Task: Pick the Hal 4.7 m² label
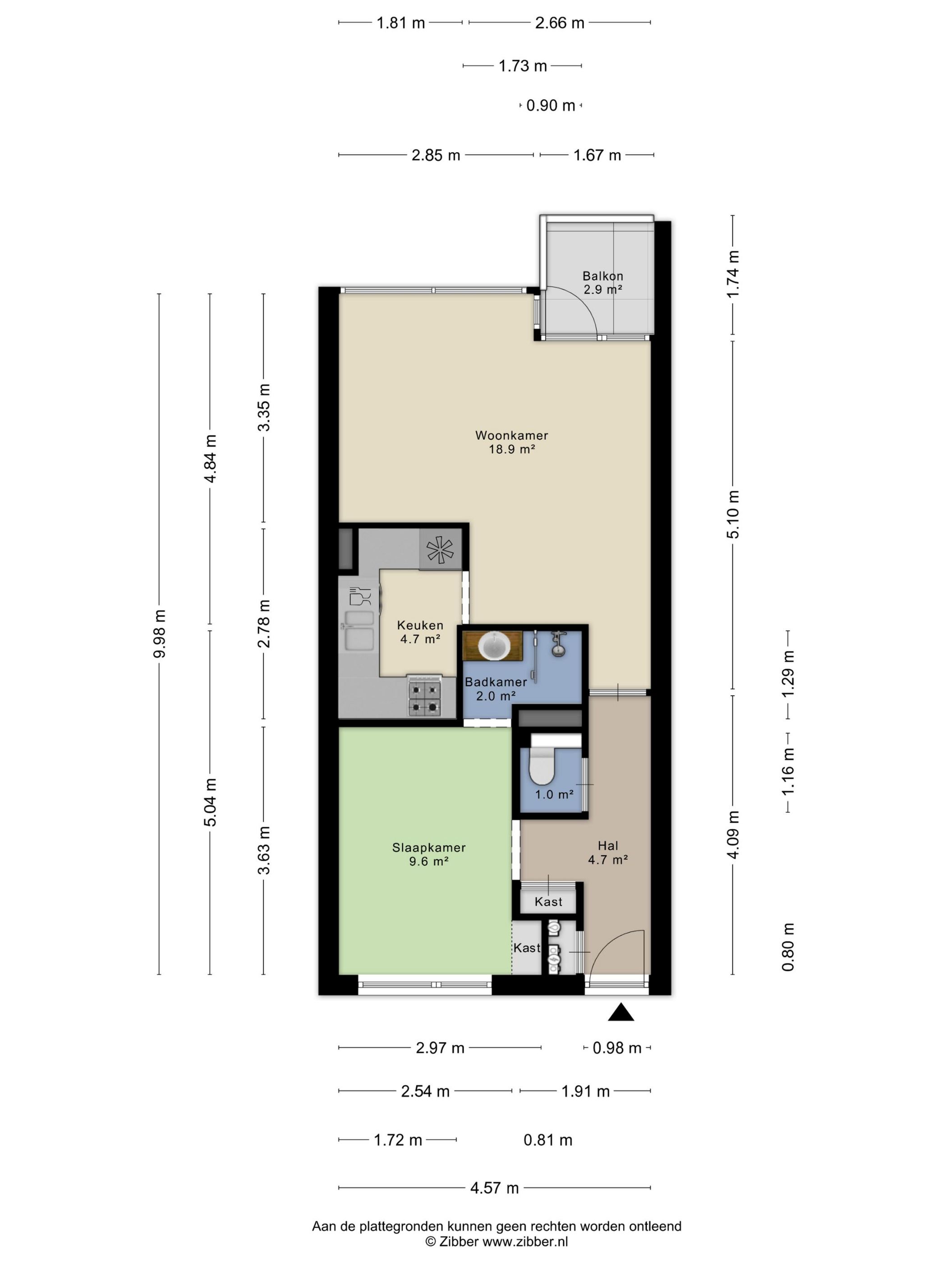(x=608, y=853)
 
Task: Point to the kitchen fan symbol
(x=440, y=550)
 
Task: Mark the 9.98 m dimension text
(x=159, y=633)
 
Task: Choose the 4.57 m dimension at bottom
(x=494, y=1188)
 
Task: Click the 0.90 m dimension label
(x=550, y=106)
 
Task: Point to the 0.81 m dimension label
(x=547, y=1140)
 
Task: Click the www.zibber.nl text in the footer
(x=525, y=1241)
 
